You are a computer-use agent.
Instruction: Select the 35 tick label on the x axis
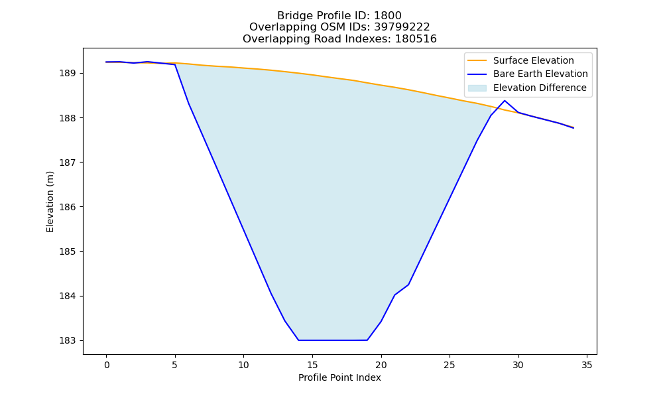pos(587,365)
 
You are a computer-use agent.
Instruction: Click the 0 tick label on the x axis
pos(107,365)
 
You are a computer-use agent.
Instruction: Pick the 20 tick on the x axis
pos(381,365)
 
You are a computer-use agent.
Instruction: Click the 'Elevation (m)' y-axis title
pos(50,202)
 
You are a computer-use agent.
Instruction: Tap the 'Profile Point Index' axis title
pos(339,377)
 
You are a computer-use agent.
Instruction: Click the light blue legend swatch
pos(477,88)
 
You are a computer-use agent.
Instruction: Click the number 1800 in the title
pos(387,16)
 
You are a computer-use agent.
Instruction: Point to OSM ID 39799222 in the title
pos(402,27)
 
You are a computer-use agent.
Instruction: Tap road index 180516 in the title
pos(416,39)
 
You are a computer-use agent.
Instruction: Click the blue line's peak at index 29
pos(505,101)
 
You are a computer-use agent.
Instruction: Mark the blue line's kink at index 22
pos(408,285)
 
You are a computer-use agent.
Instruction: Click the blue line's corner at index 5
pos(175,65)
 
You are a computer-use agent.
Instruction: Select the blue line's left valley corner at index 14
pos(298,340)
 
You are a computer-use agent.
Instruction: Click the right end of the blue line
pos(573,128)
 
